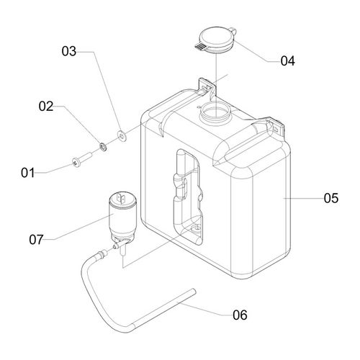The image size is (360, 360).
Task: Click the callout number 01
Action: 28,173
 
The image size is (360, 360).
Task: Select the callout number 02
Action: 46,106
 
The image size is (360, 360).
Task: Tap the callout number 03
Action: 69,51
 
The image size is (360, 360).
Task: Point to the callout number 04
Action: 287,60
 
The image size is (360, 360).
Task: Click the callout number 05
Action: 331,198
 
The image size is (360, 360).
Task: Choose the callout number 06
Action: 240,315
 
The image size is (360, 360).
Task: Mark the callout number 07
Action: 36,240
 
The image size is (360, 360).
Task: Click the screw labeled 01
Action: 82,160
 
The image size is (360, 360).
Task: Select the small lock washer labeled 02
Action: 103,147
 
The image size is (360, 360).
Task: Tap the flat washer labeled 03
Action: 122,136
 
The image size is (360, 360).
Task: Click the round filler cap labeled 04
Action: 216,40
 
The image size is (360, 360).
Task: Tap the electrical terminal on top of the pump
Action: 121,198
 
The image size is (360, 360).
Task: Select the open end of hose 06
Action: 194,292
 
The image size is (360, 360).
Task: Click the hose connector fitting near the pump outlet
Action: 102,253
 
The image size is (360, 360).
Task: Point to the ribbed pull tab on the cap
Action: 200,47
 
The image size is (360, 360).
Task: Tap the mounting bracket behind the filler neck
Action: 207,87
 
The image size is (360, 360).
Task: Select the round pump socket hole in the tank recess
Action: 197,228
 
